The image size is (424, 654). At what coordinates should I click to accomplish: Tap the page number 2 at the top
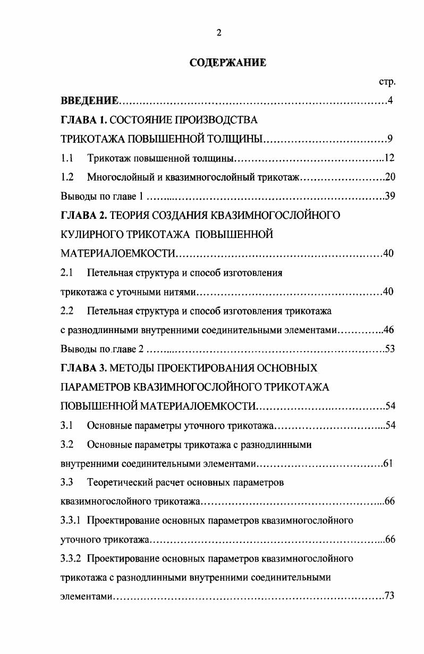click(219, 32)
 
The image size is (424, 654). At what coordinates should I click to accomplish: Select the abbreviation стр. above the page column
click(387, 82)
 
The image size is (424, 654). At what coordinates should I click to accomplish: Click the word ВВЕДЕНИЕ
click(88, 101)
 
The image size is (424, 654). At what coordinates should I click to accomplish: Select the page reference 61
click(388, 463)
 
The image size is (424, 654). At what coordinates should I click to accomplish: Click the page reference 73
click(389, 596)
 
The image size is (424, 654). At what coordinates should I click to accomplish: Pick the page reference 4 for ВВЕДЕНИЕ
click(391, 101)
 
